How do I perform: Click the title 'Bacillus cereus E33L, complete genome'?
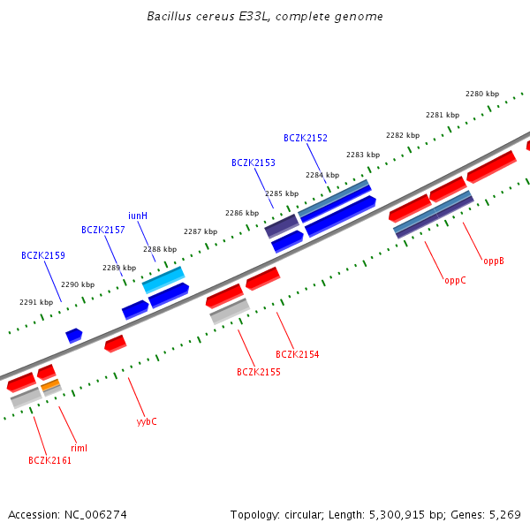pyautogui.click(x=265, y=17)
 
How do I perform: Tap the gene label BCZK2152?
pyautogui.click(x=306, y=138)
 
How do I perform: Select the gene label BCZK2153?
pyautogui.click(x=254, y=163)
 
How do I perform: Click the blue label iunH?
pyautogui.click(x=138, y=216)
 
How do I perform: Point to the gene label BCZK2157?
pyautogui.click(x=103, y=230)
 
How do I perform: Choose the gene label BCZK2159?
pyautogui.click(x=43, y=255)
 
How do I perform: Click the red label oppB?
pyautogui.click(x=494, y=261)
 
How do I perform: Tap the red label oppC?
pyautogui.click(x=455, y=280)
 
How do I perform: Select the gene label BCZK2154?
pyautogui.click(x=298, y=354)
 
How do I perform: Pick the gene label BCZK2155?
pyautogui.click(x=259, y=372)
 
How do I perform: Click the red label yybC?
pyautogui.click(x=147, y=421)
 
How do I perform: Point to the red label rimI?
pyautogui.click(x=79, y=448)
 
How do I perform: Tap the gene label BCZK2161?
pyautogui.click(x=49, y=460)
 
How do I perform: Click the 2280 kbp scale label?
pyautogui.click(x=482, y=94)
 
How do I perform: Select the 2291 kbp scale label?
pyautogui.click(x=36, y=302)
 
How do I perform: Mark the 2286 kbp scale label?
pyautogui.click(x=242, y=213)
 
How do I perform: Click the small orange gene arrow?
pyautogui.click(x=50, y=385)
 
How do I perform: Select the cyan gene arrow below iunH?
pyautogui.click(x=163, y=280)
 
